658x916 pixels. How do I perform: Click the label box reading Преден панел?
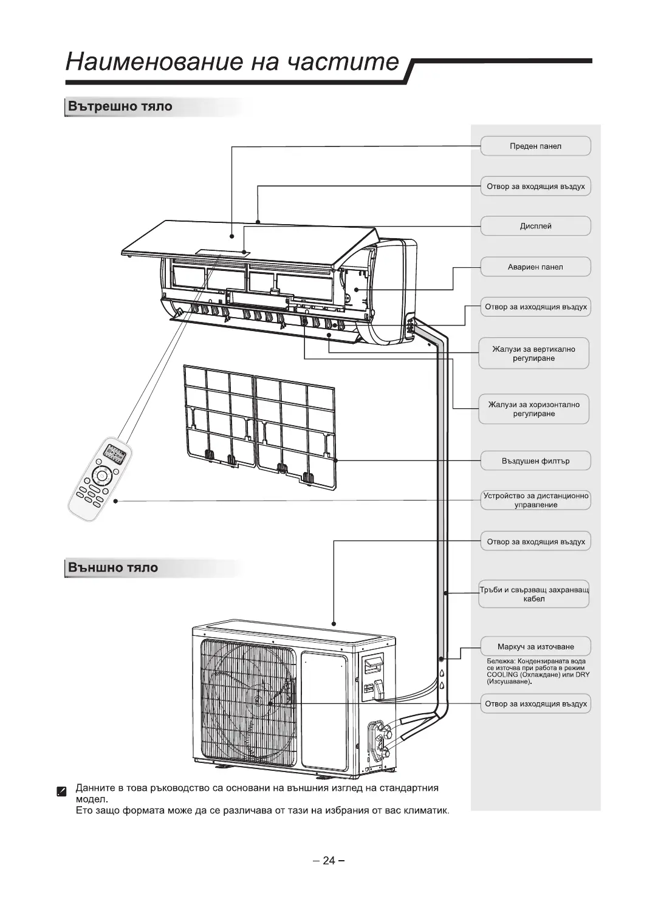point(535,146)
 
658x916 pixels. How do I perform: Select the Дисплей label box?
point(535,227)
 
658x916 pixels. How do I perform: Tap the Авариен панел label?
point(535,267)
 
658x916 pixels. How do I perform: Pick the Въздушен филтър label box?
point(535,461)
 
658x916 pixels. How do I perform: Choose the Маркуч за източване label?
point(535,647)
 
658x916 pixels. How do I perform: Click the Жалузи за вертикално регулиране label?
point(534,354)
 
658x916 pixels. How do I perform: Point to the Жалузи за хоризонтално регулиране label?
point(534,409)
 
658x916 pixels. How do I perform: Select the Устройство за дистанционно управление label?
point(535,501)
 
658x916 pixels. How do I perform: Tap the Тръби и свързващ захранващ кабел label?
point(534,594)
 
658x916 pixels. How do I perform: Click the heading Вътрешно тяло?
point(120,107)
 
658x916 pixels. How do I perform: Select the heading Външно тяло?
point(113,568)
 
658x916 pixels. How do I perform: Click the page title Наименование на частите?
point(233,62)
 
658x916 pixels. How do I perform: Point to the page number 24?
point(329,860)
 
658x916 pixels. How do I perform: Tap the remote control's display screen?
point(115,453)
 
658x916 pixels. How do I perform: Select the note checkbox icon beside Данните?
point(61,791)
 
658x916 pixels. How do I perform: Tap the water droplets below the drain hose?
point(442,679)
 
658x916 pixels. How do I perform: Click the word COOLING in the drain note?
point(502,674)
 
